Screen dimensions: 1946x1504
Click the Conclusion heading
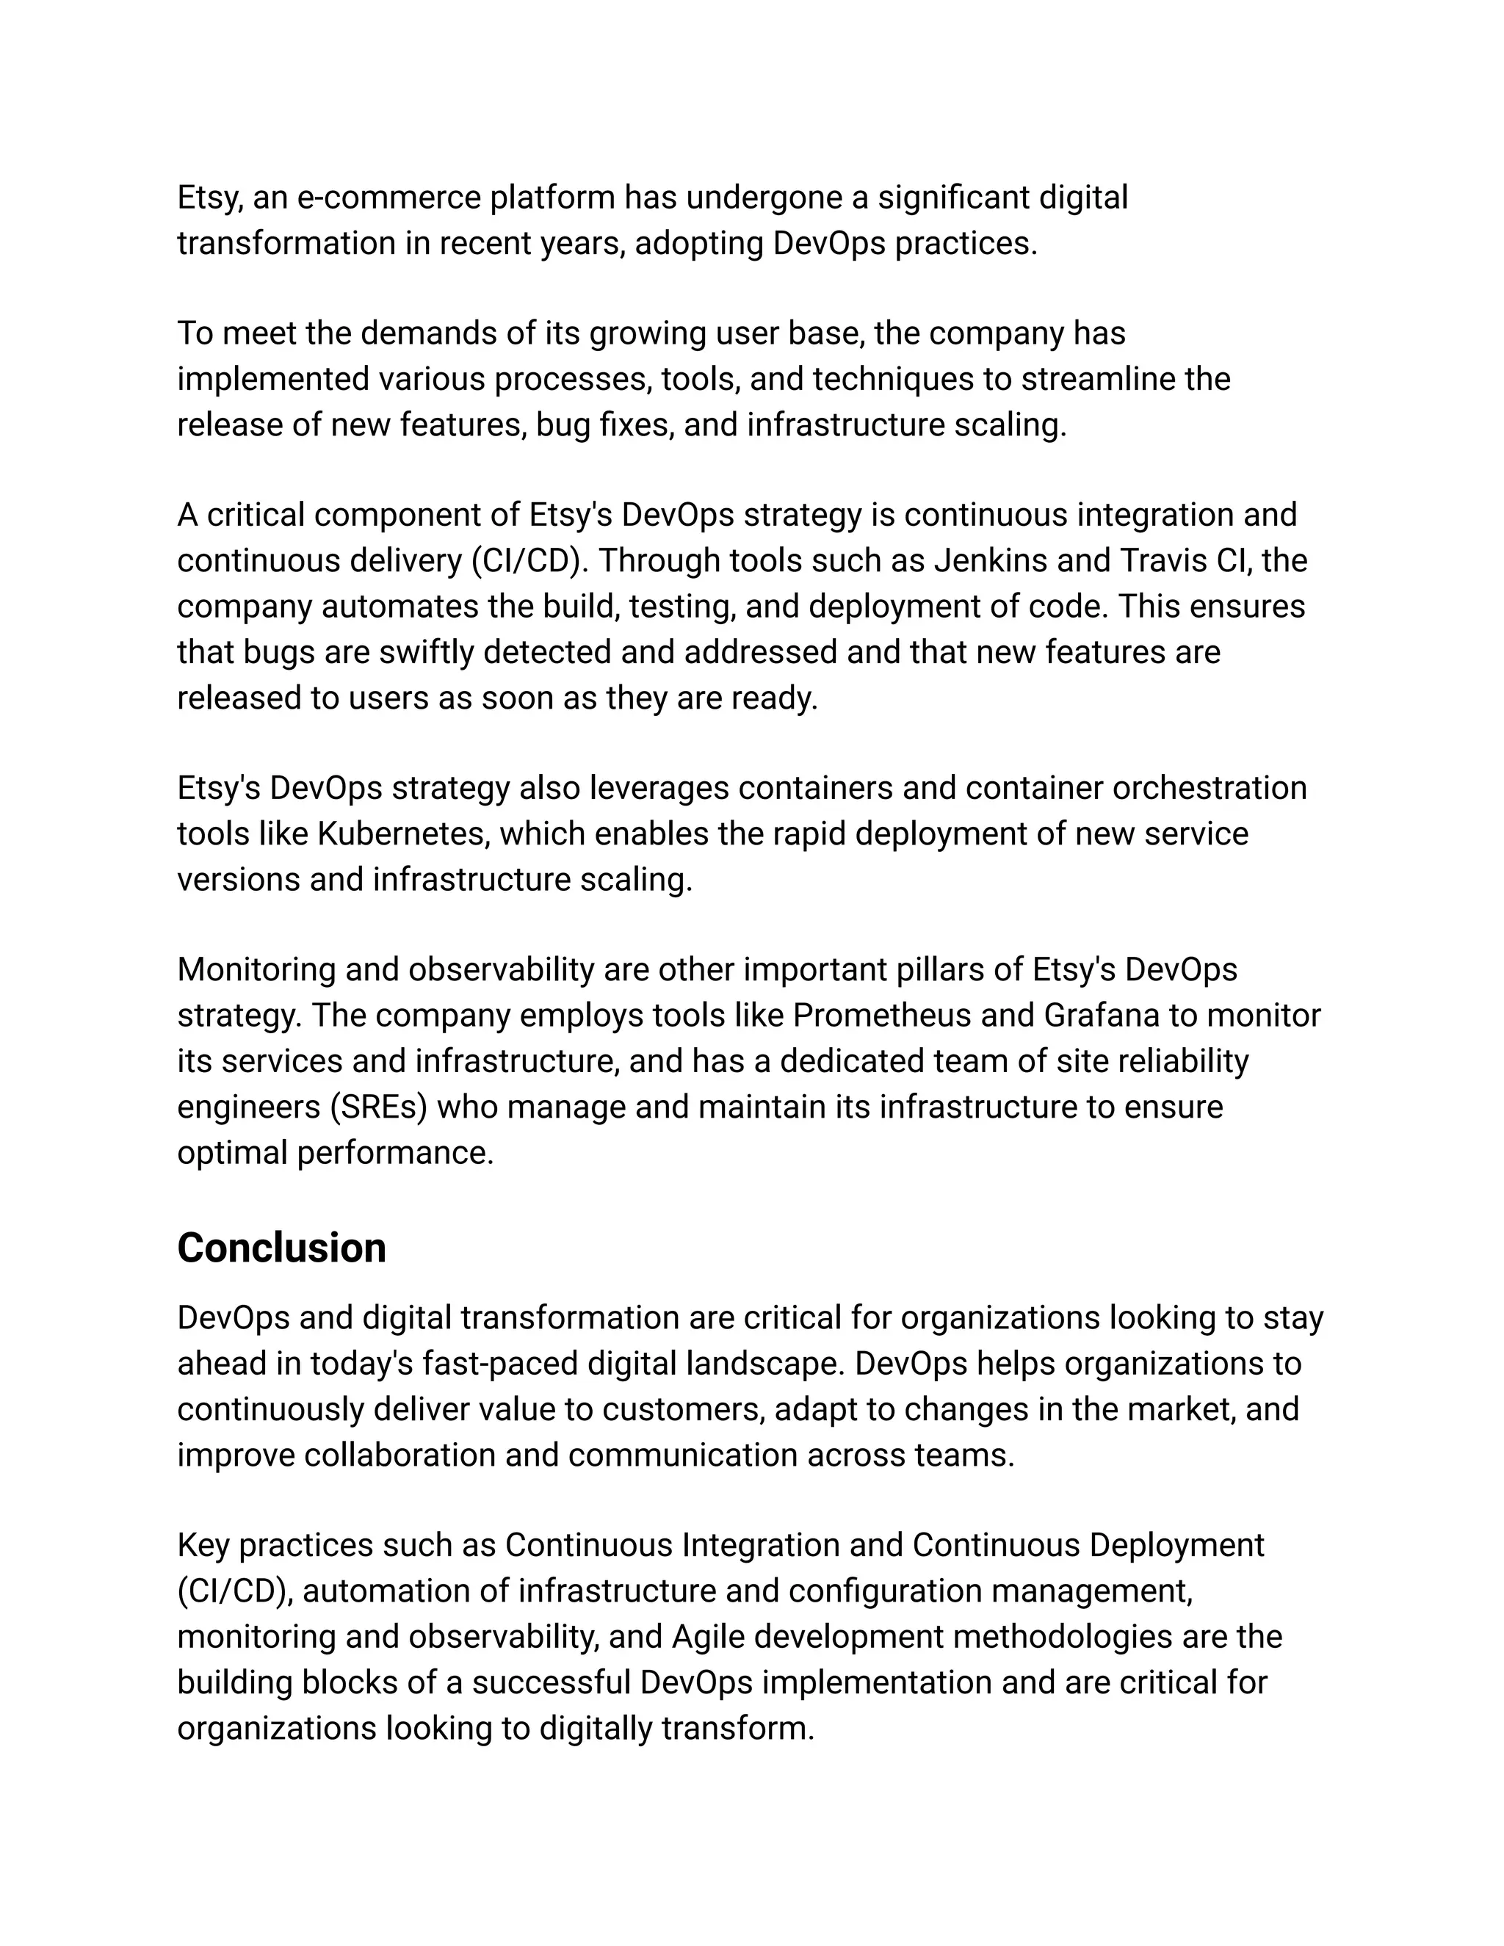(281, 1248)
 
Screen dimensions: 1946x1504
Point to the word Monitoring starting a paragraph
(256, 969)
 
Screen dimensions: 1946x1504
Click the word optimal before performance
(233, 1154)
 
